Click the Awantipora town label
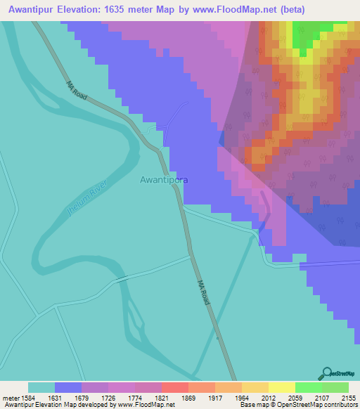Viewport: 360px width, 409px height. point(163,179)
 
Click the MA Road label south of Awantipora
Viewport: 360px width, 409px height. point(204,292)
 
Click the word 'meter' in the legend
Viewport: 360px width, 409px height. point(9,398)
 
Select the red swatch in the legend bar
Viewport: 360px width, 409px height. point(174,387)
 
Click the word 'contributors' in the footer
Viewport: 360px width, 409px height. point(340,405)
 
